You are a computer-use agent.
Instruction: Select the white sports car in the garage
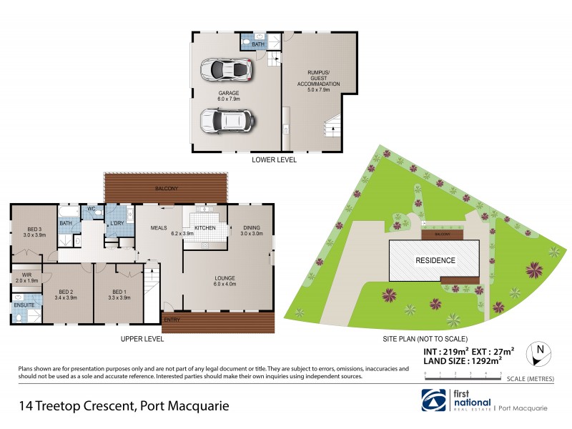click(x=227, y=69)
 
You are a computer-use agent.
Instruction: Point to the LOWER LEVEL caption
click(x=274, y=160)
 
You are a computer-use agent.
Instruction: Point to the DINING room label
click(x=251, y=230)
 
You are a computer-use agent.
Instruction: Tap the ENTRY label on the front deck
click(x=172, y=320)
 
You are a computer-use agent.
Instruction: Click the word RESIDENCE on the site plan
click(x=435, y=261)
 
